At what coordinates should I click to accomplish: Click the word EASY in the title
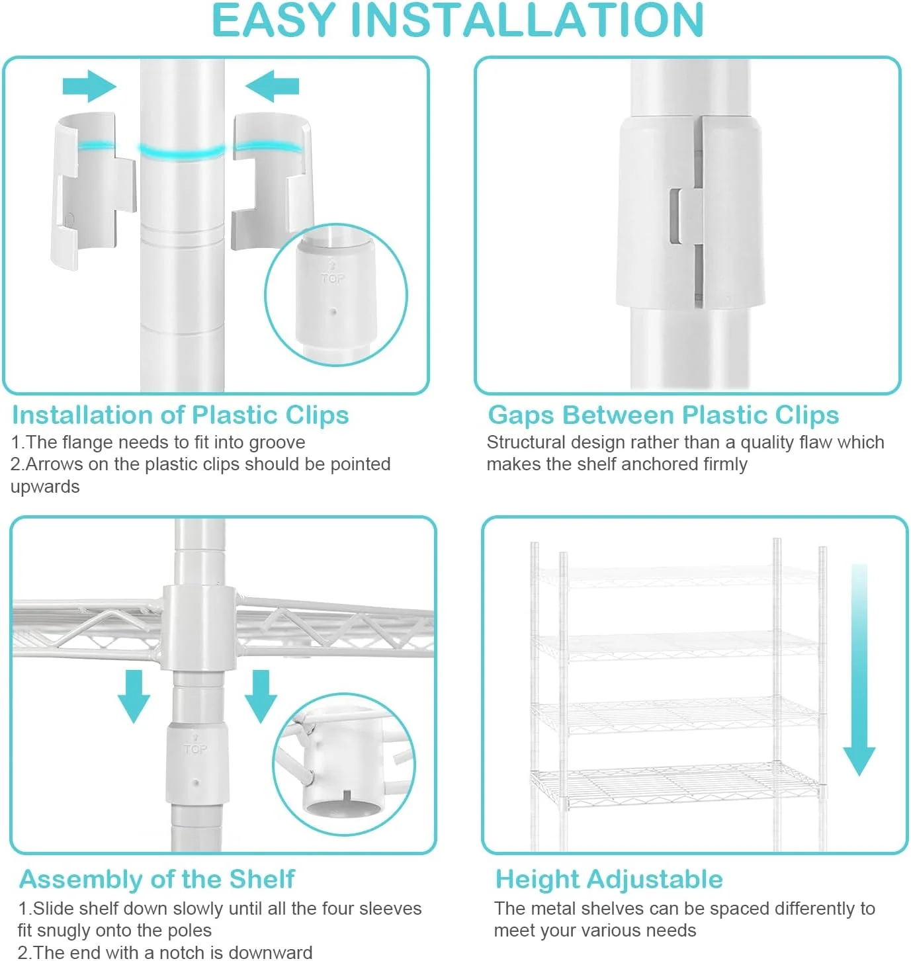(x=274, y=21)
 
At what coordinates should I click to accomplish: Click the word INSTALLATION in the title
(x=528, y=21)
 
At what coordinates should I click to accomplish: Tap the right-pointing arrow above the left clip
(x=89, y=87)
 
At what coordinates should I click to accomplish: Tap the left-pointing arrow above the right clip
(x=272, y=87)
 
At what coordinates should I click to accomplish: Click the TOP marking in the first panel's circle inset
(x=333, y=278)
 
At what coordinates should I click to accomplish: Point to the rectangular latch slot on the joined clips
(x=675, y=216)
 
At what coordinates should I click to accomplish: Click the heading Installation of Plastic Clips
(x=181, y=415)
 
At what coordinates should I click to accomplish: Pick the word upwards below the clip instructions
(x=45, y=487)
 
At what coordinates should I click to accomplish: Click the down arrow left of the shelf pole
(x=134, y=696)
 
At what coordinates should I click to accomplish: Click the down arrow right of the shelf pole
(x=261, y=696)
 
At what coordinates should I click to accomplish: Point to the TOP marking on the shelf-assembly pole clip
(x=196, y=749)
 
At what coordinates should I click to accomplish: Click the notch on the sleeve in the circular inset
(x=346, y=794)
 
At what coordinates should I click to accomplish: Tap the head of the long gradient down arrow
(x=859, y=761)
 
